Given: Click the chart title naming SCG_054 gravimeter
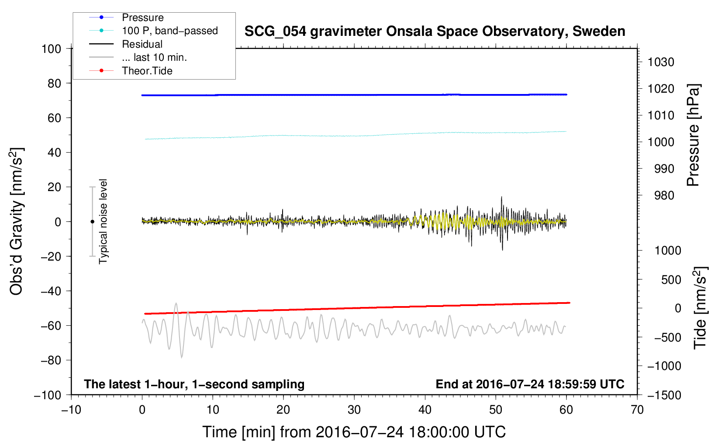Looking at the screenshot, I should coord(435,31).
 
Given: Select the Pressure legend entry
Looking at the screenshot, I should coord(142,17).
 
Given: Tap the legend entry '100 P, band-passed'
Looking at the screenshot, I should coord(169,31).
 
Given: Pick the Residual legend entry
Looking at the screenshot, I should coord(142,44).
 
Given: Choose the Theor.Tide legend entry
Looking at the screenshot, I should coord(147,71).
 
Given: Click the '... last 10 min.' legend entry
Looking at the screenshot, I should coord(154,57).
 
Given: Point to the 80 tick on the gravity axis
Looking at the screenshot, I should coord(55,83).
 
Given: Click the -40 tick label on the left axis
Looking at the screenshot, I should coord(51,291).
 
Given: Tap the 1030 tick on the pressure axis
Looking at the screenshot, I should coord(661,62).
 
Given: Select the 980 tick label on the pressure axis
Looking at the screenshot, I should coord(664,195).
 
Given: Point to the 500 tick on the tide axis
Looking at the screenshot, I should coord(671,279).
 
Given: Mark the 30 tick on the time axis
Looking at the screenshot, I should coord(354,410).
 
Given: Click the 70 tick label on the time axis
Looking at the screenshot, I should coord(637,410).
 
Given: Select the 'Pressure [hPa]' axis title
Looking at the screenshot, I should coord(693,135).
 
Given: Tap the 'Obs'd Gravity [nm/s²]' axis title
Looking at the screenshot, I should coord(17,221).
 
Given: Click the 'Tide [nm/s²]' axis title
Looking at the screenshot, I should coord(701,307).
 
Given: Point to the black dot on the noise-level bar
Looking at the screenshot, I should coord(92,222).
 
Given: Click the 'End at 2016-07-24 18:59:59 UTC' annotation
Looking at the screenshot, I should coord(530,384).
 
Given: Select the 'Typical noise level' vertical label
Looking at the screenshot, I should coord(103,221).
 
